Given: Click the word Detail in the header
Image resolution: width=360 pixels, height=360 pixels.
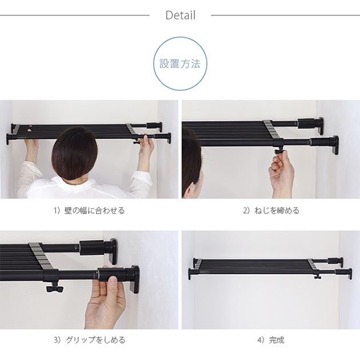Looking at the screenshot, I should (x=180, y=15).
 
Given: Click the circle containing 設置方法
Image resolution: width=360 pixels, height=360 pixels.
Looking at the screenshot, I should (x=180, y=63).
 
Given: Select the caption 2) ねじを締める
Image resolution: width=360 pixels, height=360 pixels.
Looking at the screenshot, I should (x=271, y=211).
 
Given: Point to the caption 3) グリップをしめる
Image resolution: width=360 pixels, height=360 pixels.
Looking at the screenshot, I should (x=89, y=340).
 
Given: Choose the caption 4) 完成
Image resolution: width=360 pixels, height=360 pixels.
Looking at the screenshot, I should (x=271, y=340).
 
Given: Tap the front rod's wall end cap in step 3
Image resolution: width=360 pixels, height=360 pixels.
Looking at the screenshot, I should (x=134, y=279).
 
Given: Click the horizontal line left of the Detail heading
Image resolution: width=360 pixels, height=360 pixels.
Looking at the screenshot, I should (x=74, y=15).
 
